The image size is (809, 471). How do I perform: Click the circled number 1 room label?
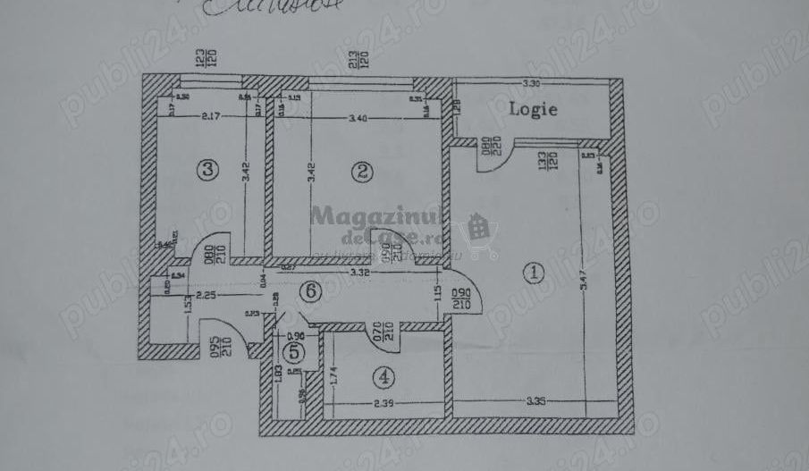click(x=534, y=271)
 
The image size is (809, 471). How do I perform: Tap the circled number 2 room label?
click(x=360, y=172)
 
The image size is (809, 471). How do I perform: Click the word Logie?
click(x=534, y=110)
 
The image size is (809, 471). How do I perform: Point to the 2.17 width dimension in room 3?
click(x=213, y=116)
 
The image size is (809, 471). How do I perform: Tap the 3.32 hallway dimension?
click(x=361, y=272)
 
